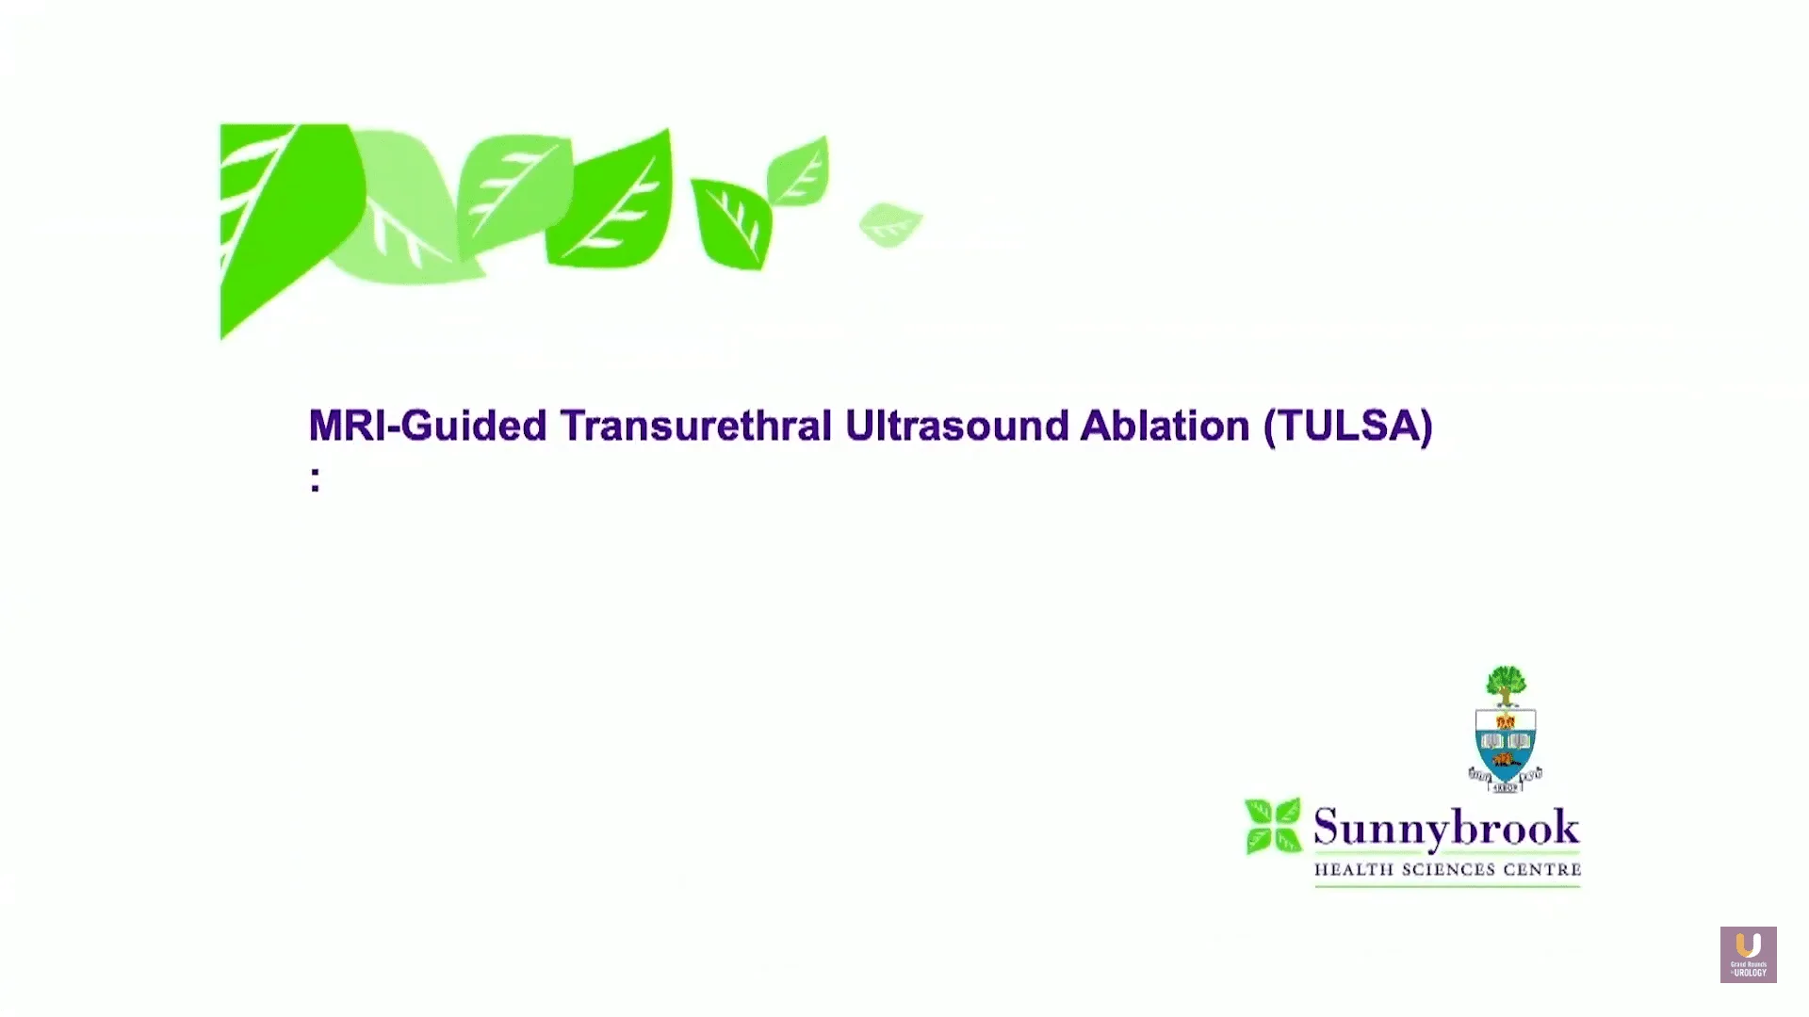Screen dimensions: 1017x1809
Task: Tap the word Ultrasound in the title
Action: pos(956,426)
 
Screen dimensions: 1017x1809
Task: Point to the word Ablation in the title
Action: pos(1165,426)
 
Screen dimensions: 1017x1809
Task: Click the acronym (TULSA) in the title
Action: pos(1348,426)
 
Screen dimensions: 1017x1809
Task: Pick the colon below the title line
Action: pos(315,478)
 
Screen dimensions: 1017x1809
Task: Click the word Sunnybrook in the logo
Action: pos(1446,829)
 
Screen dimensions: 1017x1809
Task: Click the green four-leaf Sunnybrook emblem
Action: pos(1272,826)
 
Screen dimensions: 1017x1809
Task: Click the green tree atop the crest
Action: pos(1506,684)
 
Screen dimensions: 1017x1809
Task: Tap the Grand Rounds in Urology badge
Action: pos(1748,955)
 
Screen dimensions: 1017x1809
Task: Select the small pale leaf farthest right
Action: pos(889,224)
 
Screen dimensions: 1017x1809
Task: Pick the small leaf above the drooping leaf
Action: pos(799,171)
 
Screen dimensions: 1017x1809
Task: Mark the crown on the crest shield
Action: pos(1505,721)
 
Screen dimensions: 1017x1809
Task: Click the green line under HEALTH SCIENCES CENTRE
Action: pos(1447,886)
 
